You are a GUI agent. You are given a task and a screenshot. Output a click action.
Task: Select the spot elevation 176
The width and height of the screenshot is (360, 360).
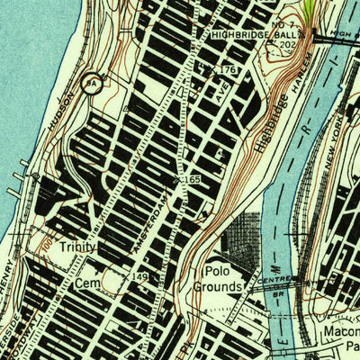[x=228, y=70]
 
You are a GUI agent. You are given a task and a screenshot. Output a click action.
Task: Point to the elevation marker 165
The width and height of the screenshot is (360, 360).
[x=192, y=181]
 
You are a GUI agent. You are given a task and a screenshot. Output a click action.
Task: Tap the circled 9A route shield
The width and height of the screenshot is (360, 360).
[x=91, y=84]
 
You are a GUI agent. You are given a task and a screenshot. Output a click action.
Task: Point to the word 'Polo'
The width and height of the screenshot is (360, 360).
[x=219, y=271]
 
